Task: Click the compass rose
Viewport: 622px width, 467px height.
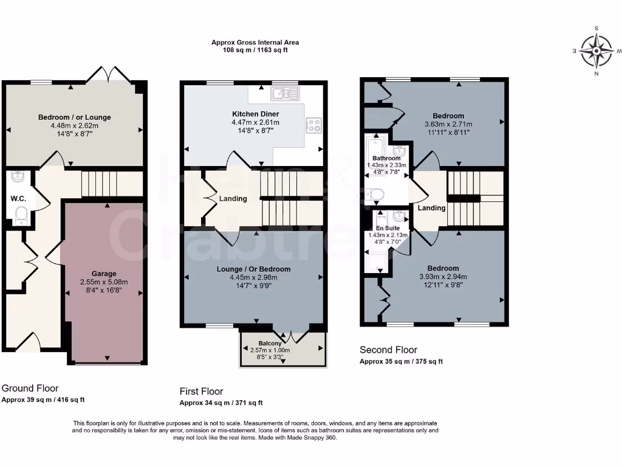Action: (x=596, y=51)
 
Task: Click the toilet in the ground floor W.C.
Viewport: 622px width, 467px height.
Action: (x=21, y=215)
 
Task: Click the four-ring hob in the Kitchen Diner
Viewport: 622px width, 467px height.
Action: (x=314, y=125)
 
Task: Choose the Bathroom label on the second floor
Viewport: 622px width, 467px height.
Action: (x=386, y=158)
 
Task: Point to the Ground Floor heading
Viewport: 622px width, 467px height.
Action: (x=30, y=389)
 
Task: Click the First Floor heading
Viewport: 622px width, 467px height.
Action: (x=201, y=392)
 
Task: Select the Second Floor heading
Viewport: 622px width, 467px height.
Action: (x=388, y=350)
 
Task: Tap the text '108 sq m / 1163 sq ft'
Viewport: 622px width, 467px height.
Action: (x=255, y=50)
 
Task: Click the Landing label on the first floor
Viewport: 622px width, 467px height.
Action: (x=233, y=199)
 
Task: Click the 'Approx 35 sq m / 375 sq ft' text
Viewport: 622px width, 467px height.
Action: (x=401, y=361)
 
